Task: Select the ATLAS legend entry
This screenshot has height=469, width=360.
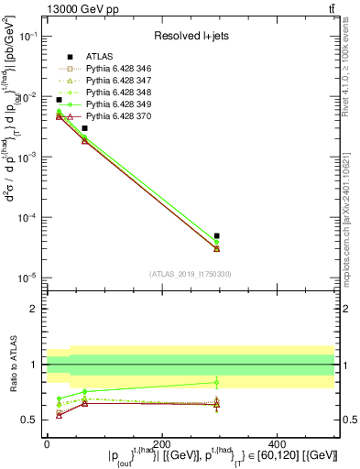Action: pyautogui.click(x=98, y=57)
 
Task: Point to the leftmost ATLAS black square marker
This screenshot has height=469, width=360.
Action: pyautogui.click(x=59, y=100)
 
